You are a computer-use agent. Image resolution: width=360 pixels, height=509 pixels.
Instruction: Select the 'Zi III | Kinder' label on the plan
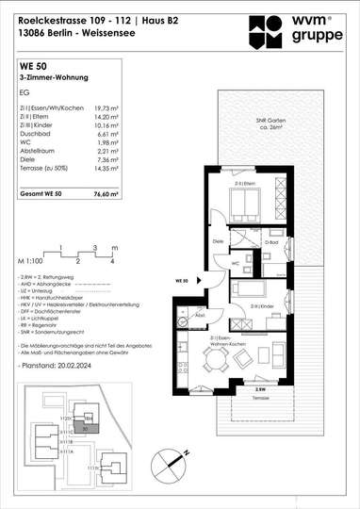click(x=264, y=307)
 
